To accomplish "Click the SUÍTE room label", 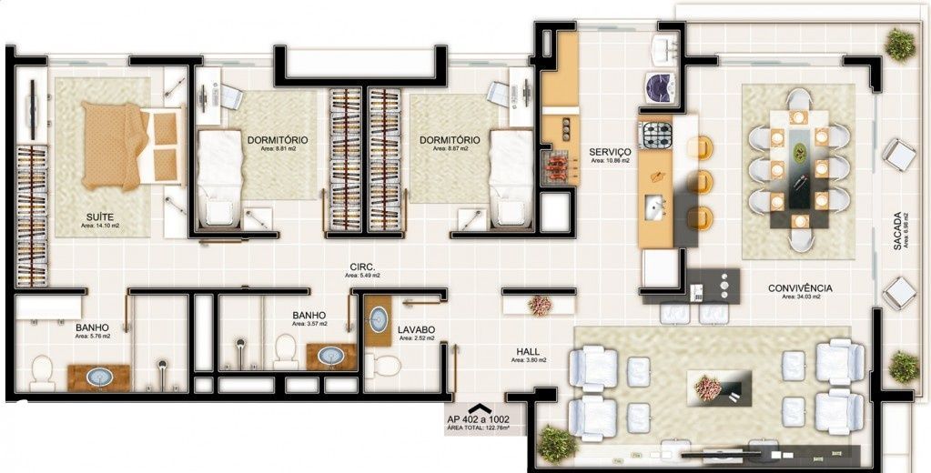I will click(x=100, y=216).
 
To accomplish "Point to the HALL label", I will click(x=528, y=351).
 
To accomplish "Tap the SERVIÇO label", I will click(x=610, y=152).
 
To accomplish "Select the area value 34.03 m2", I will click(x=801, y=297).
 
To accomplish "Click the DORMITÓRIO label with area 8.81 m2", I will click(x=277, y=140).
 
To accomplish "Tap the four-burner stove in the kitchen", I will click(x=655, y=136).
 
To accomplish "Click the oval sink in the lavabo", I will click(x=379, y=319).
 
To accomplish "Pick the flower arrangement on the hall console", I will click(x=540, y=306).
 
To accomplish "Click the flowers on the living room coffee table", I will click(x=708, y=387).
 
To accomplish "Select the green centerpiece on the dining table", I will click(x=800, y=152).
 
